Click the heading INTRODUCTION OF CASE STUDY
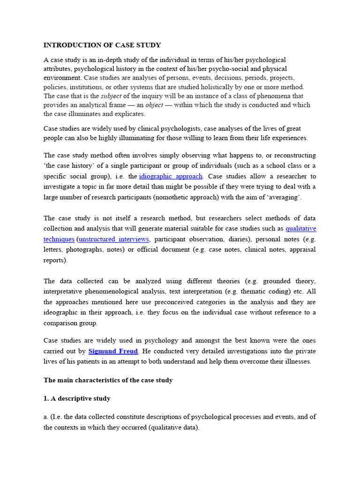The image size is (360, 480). point(102,45)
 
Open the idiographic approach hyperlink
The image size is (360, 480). point(171,176)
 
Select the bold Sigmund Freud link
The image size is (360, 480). point(113,351)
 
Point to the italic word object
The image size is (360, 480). point(155,105)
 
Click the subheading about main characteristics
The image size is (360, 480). point(108,380)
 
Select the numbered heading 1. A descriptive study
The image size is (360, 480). point(77,398)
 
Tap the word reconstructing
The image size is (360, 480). point(292,155)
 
